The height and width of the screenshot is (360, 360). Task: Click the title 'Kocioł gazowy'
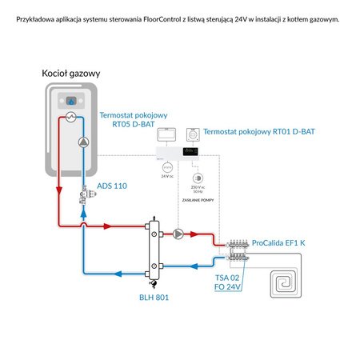(70, 73)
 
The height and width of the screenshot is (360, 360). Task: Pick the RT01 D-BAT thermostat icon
(192, 134)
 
